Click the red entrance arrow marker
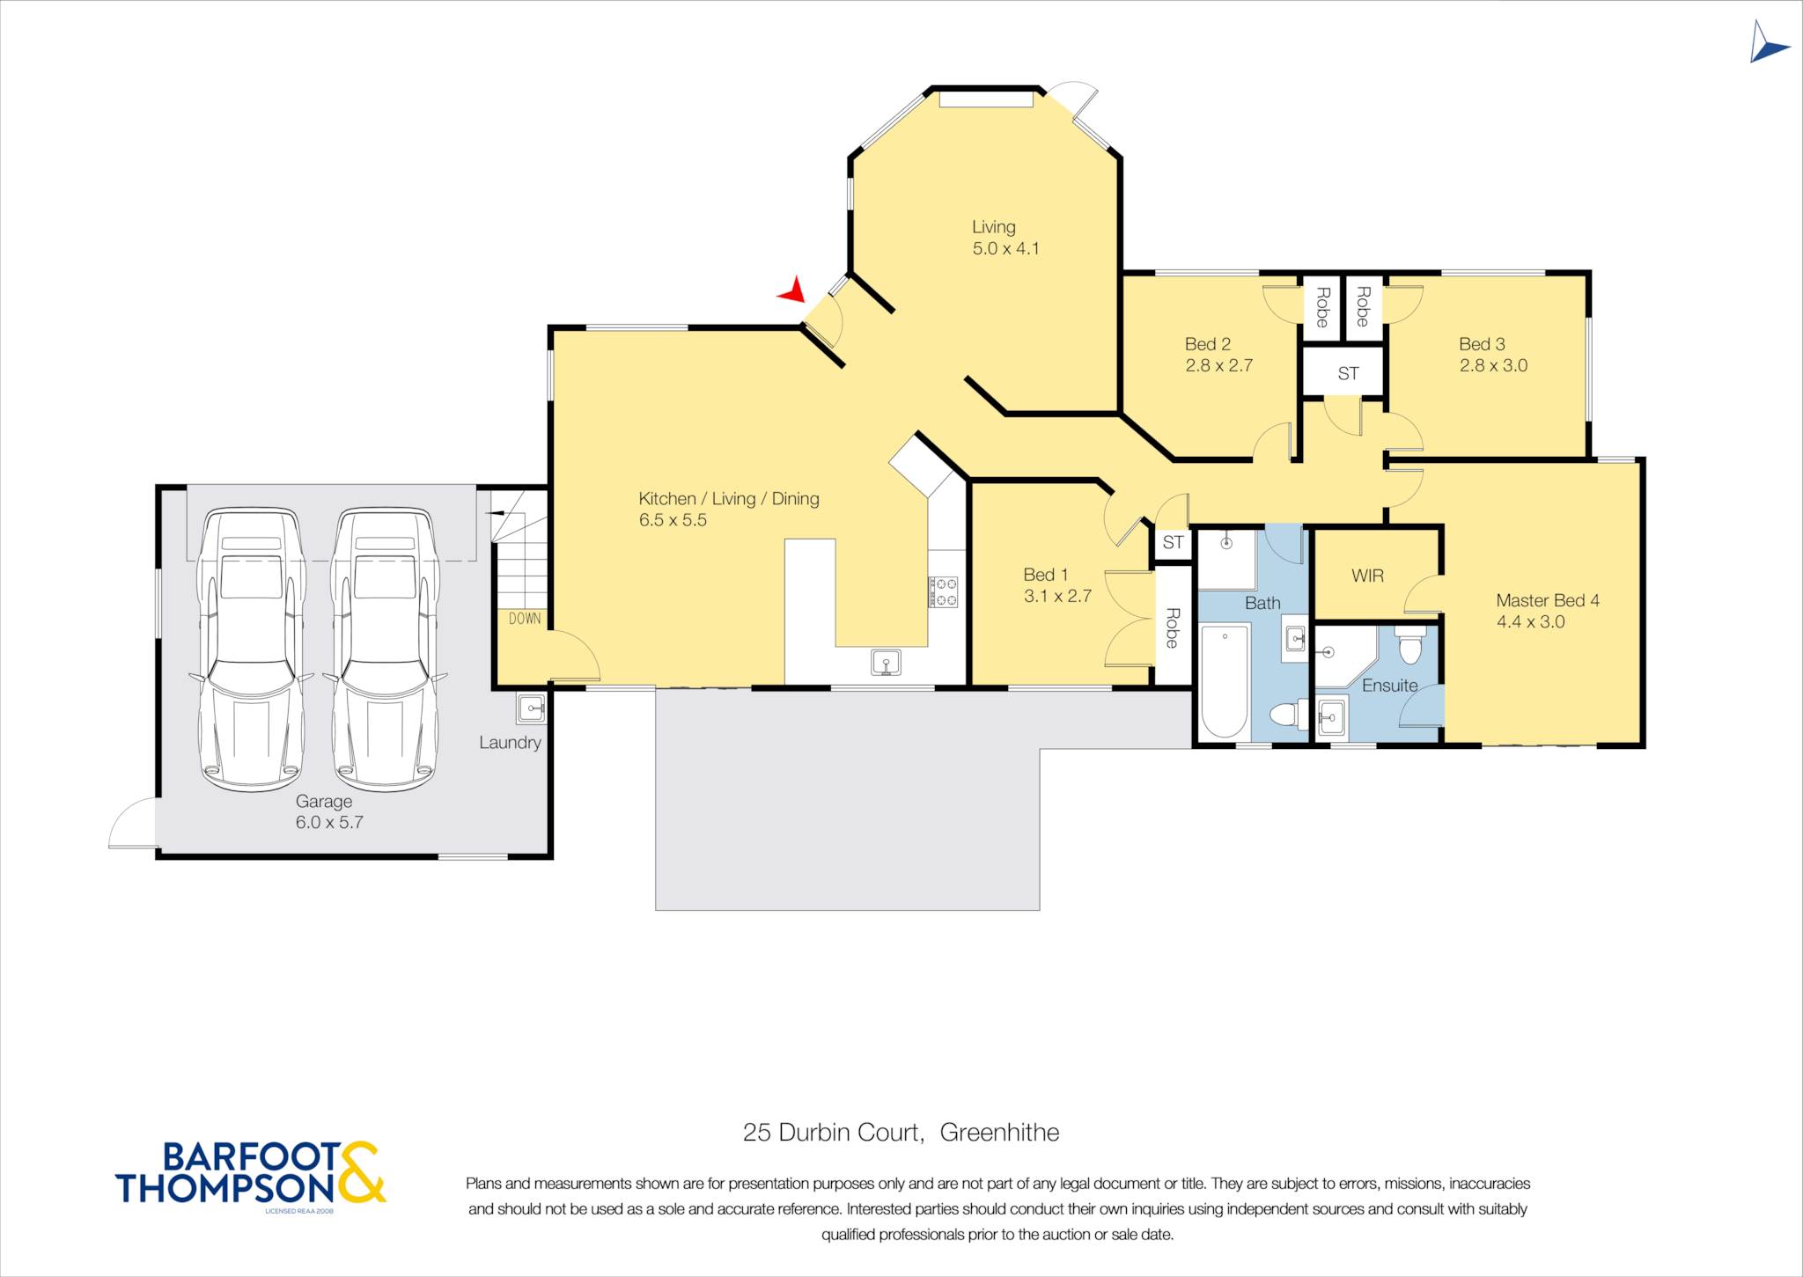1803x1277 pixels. (x=793, y=290)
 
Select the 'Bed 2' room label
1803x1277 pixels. (x=1208, y=344)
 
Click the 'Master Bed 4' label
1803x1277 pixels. (x=1548, y=600)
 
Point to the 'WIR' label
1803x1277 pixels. (x=1367, y=576)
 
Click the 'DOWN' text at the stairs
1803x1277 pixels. (x=525, y=619)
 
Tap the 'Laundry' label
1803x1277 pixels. (x=510, y=742)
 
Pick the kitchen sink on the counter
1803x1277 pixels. (x=886, y=662)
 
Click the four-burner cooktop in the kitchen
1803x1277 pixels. (x=942, y=591)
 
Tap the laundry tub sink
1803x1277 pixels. (x=531, y=707)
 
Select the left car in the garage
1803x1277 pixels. (x=251, y=649)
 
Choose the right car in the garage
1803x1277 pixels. (x=385, y=649)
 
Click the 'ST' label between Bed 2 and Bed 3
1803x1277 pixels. (x=1348, y=373)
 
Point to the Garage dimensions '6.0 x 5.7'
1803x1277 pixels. (x=329, y=822)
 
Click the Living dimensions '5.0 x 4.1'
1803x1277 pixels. (x=1005, y=248)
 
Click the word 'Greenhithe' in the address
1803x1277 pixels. (x=999, y=1132)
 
